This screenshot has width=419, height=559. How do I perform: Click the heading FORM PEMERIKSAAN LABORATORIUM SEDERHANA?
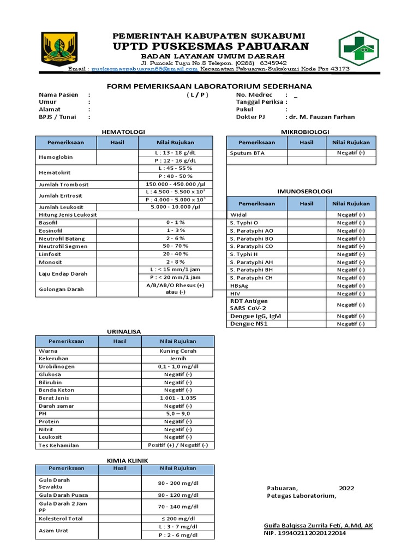pos(209,86)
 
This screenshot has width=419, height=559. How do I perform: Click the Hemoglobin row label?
pos(56,157)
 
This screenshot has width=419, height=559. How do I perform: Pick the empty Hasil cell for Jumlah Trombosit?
pos(117,185)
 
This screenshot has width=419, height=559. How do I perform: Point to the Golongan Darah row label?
pos(61,289)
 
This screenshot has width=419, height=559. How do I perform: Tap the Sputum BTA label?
pos(247,153)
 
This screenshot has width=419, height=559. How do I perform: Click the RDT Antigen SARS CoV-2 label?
pos(250,305)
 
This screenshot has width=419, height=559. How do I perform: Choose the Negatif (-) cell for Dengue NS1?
pos(351,324)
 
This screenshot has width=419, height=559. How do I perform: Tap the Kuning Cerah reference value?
pos(178,351)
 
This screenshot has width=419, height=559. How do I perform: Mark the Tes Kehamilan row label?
pos(59,445)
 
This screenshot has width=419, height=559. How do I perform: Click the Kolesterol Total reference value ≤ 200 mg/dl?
pos(178,518)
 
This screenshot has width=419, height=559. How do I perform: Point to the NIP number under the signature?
pos(305,533)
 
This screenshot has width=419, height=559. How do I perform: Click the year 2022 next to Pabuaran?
pos(346,488)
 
